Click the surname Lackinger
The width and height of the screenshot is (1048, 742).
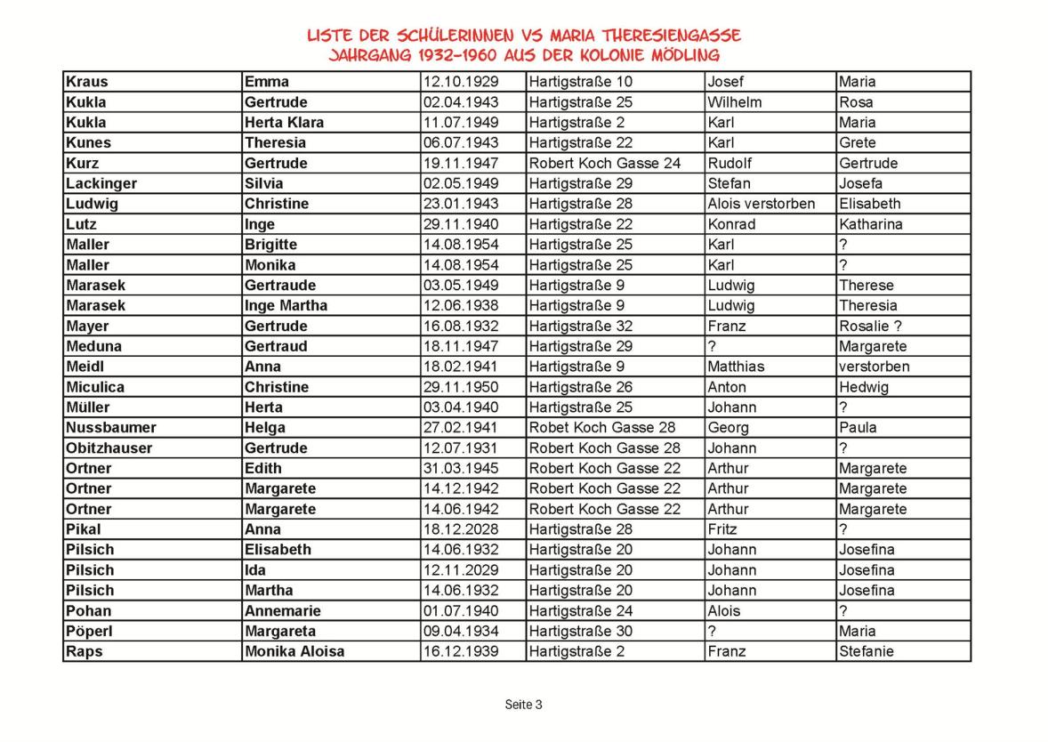(101, 183)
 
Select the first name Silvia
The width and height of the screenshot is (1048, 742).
(264, 183)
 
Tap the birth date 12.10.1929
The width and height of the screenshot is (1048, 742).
(461, 82)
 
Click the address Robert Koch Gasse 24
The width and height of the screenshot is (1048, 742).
(604, 163)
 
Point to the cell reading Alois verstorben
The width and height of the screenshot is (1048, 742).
(761, 204)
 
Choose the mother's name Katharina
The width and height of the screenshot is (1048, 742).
(870, 224)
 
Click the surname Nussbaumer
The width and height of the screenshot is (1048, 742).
(110, 427)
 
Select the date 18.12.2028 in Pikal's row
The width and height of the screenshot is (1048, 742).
(461, 529)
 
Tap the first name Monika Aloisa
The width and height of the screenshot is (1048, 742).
(294, 651)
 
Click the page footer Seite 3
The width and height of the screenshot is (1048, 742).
(523, 705)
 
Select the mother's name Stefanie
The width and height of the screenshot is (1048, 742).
(867, 651)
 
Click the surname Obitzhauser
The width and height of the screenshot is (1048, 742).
(109, 448)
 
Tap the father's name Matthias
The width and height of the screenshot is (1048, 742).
(736, 367)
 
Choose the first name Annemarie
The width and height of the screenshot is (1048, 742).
(282, 611)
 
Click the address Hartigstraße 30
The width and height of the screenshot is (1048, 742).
(580, 631)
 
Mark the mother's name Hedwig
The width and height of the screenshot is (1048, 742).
(863, 387)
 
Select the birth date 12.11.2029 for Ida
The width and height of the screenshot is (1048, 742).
(461, 570)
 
